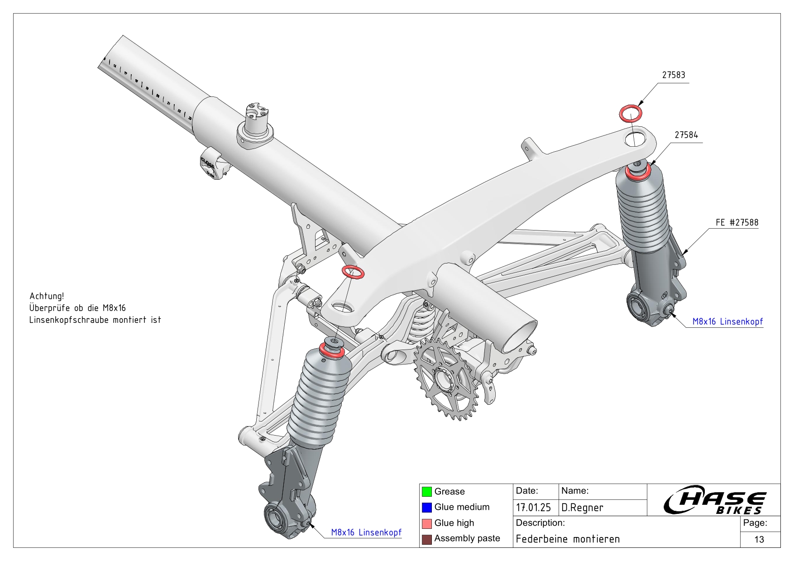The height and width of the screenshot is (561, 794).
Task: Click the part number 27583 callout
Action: (x=674, y=75)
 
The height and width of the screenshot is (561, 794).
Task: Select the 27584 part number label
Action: (x=686, y=135)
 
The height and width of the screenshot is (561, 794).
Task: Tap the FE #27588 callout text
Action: (x=737, y=222)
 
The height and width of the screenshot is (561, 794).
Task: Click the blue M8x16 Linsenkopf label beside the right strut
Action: (x=727, y=321)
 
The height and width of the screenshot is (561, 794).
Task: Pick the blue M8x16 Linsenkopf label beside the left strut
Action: (x=366, y=532)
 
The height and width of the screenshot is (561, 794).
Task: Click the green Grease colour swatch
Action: (x=426, y=491)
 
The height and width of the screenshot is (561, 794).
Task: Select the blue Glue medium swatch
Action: (x=426, y=507)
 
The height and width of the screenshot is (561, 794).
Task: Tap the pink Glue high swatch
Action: (x=426, y=523)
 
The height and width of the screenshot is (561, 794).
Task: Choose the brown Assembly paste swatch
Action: (x=426, y=539)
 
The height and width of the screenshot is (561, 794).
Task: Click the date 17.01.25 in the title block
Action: (x=533, y=508)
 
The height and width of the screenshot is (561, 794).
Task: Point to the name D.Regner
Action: (x=582, y=508)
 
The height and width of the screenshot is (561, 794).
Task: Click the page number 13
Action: (x=759, y=539)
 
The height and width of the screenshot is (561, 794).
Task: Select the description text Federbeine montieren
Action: (x=568, y=539)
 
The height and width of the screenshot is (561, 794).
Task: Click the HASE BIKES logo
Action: (x=714, y=501)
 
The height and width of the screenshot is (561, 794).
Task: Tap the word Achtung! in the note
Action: (x=47, y=296)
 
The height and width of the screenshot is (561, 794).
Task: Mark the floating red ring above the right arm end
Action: (x=631, y=113)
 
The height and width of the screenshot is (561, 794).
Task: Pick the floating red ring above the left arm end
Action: (x=353, y=272)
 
